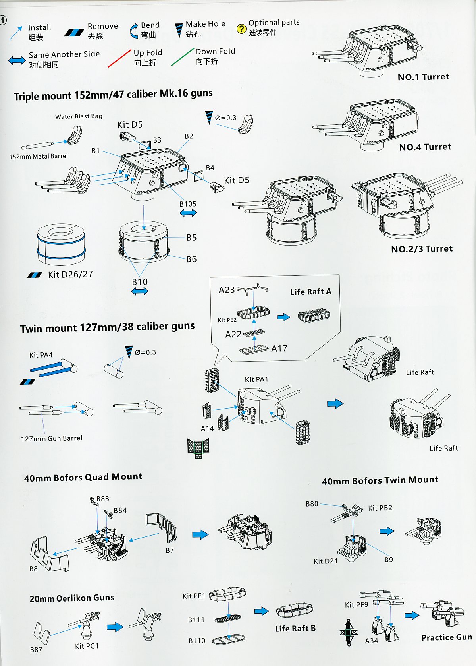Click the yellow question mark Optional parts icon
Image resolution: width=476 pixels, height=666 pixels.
[241, 29]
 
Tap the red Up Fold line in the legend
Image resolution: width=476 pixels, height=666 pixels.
[119, 58]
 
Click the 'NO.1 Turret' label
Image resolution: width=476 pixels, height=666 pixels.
[423, 77]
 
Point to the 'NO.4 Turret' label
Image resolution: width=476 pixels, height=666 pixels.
[425, 147]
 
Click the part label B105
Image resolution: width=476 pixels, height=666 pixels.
[188, 204]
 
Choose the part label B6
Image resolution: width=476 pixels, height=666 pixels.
[191, 259]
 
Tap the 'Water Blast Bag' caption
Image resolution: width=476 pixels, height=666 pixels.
[79, 116]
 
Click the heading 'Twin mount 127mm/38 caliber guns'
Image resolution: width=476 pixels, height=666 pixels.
[107, 327]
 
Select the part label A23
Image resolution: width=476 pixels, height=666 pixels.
[227, 290]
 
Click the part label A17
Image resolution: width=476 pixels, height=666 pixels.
[279, 348]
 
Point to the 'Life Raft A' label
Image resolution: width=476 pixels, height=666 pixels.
[310, 292]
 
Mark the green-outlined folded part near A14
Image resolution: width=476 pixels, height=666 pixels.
[198, 448]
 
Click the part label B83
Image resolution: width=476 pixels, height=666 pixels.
[102, 499]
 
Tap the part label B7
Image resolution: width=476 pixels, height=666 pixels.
[170, 550]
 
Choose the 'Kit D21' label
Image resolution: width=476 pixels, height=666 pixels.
[326, 561]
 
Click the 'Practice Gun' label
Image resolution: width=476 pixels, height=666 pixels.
[447, 637]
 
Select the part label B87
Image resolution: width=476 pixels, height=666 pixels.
[36, 650]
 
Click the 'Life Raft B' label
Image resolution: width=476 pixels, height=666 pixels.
[295, 628]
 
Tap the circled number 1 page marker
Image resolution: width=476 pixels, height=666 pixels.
[3, 20]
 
